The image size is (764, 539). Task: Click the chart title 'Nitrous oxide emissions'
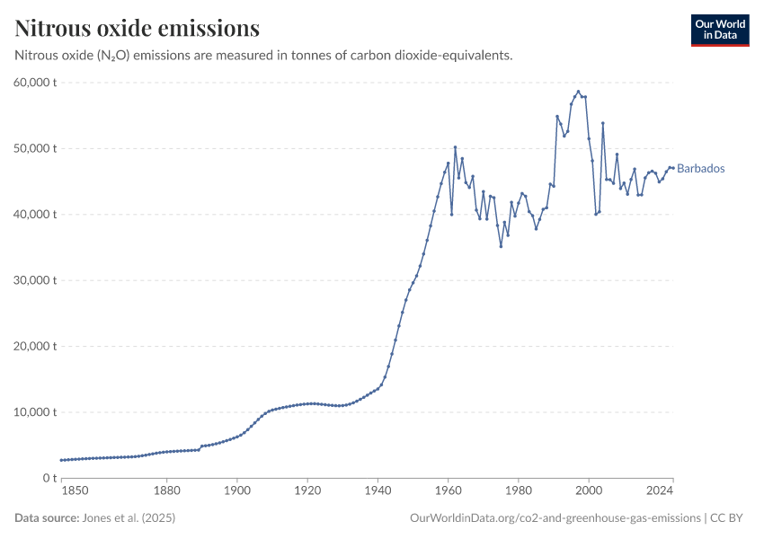[138, 29]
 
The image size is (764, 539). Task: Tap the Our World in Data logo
[719, 30]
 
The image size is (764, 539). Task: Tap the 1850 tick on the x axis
[75, 491]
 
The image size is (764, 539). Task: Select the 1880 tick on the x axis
[166, 491]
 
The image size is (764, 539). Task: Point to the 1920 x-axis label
[306, 491]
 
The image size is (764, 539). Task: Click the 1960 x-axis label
[447, 491]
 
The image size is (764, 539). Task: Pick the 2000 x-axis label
[588, 491]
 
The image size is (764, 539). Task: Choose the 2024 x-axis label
[661, 491]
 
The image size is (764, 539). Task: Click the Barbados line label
[700, 169]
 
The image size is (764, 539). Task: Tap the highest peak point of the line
[578, 91]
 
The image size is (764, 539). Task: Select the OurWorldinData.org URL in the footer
[555, 518]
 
